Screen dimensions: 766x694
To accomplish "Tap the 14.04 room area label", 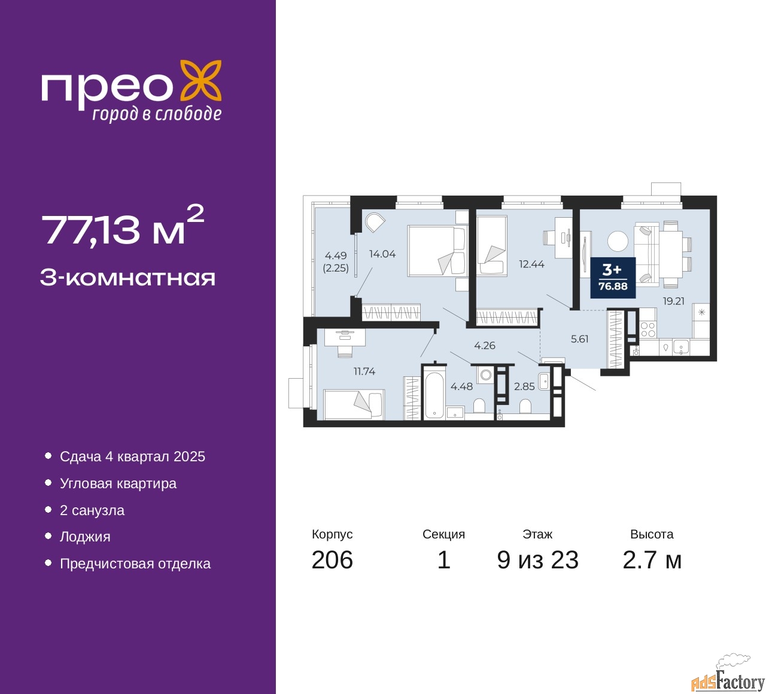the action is tap(382, 254).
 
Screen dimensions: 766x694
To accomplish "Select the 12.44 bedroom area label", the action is tap(531, 264).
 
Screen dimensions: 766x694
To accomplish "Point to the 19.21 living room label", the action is tap(674, 301).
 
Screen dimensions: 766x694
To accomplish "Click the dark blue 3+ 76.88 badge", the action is tap(613, 277).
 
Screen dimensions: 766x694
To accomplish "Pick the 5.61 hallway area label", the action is tap(579, 339).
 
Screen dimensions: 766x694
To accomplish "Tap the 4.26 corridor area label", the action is tap(485, 345).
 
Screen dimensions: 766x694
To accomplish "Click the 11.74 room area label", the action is tap(364, 371).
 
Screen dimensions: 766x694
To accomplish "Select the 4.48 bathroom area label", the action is tap(461, 386).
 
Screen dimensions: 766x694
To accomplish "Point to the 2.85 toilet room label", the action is tap(524, 386).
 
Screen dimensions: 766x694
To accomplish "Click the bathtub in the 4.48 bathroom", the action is tap(434, 395).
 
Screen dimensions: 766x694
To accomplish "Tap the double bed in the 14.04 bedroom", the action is tap(438, 251).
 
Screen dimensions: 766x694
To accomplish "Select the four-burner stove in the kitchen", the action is tap(648, 330).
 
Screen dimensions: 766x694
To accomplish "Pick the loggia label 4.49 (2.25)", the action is tap(336, 261).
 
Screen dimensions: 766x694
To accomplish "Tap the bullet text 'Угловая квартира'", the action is tap(118, 483).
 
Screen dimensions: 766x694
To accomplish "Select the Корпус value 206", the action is tap(332, 560).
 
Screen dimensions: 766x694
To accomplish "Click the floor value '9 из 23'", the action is tap(537, 560).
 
